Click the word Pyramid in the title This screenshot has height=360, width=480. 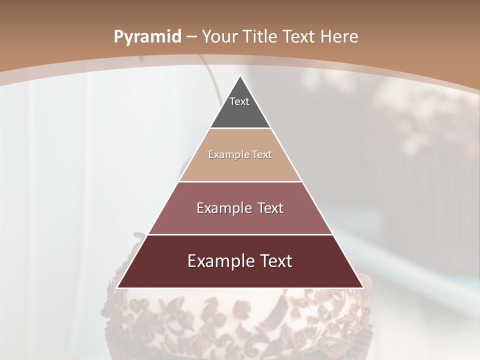(x=147, y=37)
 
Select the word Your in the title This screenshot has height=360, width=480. (x=220, y=36)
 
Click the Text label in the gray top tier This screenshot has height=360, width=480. (x=239, y=101)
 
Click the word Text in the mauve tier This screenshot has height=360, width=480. (x=270, y=208)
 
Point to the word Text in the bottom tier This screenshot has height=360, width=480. (x=275, y=261)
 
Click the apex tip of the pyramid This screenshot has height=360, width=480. (x=240, y=76)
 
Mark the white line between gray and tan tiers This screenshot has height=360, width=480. (x=240, y=128)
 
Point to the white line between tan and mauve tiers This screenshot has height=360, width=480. (x=240, y=181)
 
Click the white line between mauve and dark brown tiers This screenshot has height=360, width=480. (x=240, y=234)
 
